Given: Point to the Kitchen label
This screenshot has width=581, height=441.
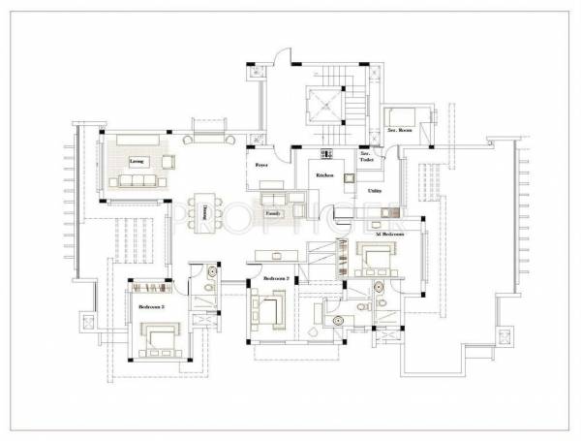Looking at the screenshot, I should tap(323, 174).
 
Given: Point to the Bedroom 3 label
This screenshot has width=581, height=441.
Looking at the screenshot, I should tap(151, 305).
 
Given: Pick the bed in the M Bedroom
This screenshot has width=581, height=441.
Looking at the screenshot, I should tap(372, 260).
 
